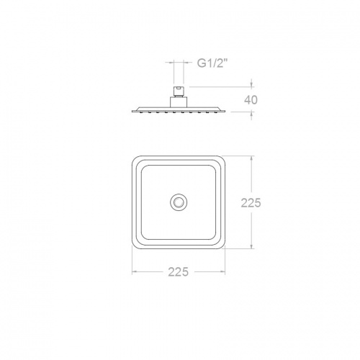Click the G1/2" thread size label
click(212, 63)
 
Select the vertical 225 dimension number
click(250, 203)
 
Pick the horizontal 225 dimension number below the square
click(178, 271)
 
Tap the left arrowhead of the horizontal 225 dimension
click(134, 272)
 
